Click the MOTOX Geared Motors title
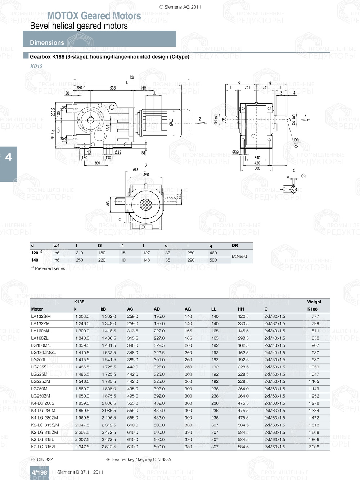point(94,16)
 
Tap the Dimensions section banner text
point(47,42)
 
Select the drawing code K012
point(36,66)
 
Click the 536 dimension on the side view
point(113,88)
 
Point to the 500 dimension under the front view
point(257,168)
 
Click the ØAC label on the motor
point(171,122)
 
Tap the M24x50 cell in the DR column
point(239,257)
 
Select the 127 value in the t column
point(146,253)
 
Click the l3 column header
point(100,246)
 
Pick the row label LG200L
point(39,360)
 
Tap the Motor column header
point(37,309)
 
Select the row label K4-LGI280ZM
point(44,418)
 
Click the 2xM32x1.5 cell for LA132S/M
point(274,317)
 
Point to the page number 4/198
point(39,472)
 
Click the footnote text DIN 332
point(45,459)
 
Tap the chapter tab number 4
point(8,157)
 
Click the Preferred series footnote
point(50,268)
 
